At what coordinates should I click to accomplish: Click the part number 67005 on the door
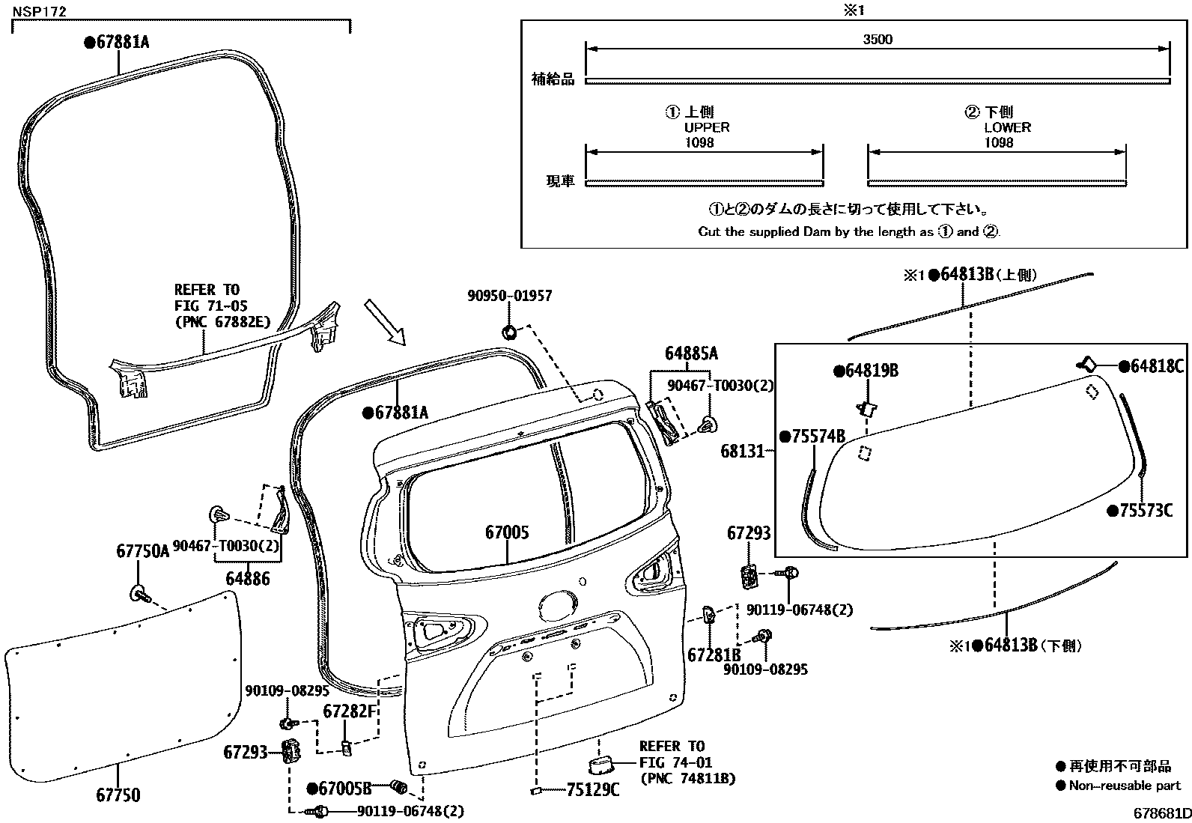coord(507,532)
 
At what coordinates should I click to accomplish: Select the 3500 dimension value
coord(877,40)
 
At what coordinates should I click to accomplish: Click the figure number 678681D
coord(1161,813)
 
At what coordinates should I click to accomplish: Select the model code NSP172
coord(39,11)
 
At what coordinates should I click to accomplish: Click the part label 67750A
coord(143,552)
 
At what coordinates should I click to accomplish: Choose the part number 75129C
coord(593,789)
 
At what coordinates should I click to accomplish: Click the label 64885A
coord(691,353)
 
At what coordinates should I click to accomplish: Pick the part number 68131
coord(743,451)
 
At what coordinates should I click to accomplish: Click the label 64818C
coord(1156,366)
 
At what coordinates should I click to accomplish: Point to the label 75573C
coord(1145,511)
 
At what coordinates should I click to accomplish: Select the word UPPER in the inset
coord(707,127)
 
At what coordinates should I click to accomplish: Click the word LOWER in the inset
coord(1007,127)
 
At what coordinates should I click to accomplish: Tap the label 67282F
coord(350,711)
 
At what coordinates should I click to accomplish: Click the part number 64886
coord(248,579)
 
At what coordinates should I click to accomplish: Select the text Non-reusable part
coord(1125,786)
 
